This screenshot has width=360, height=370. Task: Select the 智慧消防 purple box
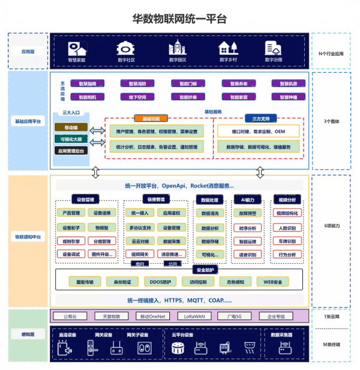[x=128, y=83]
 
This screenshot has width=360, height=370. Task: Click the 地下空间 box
[x=128, y=97]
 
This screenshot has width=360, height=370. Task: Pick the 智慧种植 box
[x=284, y=97]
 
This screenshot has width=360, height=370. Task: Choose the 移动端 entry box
[x=71, y=127]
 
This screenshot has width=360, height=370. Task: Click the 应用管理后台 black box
[x=71, y=151]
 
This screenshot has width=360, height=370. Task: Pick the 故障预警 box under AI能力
[x=247, y=213]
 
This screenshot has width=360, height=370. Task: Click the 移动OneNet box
[x=152, y=316]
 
